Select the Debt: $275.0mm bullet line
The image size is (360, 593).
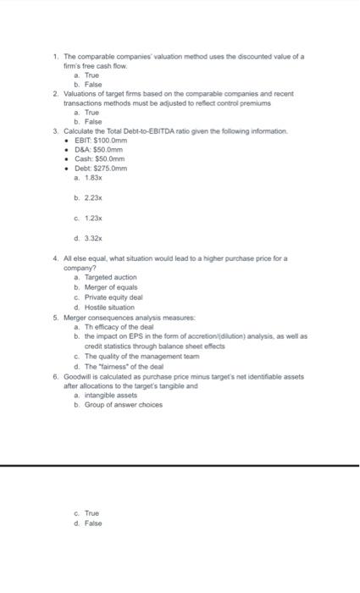click(102, 168)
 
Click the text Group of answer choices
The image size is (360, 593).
click(121, 404)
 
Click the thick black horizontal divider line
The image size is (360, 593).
click(180, 465)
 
